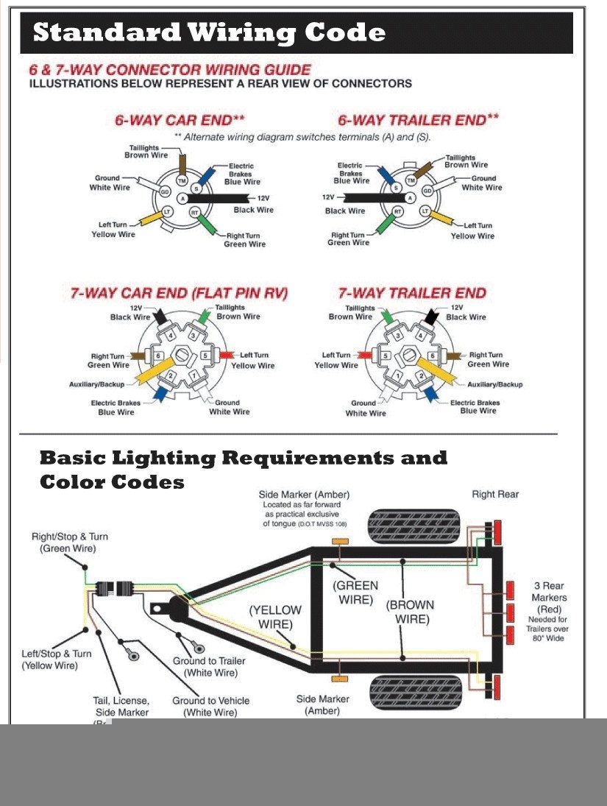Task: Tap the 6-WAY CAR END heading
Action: [x=180, y=120]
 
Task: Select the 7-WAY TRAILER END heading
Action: [x=412, y=293]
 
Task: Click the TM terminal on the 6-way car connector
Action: [x=182, y=180]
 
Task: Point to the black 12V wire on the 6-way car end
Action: [x=220, y=199]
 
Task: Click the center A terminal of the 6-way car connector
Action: [x=182, y=198]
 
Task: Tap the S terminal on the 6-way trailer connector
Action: [x=395, y=188]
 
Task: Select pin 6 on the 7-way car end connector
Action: [x=157, y=356]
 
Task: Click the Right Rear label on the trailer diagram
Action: [x=495, y=495]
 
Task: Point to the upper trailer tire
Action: [x=413, y=526]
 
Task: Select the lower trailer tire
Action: [x=413, y=692]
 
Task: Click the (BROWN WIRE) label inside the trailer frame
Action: [x=411, y=612]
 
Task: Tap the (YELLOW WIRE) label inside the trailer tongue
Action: [x=274, y=617]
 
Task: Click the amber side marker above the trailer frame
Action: [x=340, y=541]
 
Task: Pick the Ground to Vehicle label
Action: [x=211, y=707]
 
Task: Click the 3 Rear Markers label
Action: [x=549, y=598]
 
